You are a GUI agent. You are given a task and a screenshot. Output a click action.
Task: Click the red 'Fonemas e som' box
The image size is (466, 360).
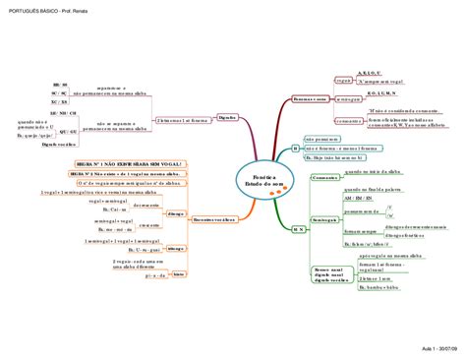click(311, 100)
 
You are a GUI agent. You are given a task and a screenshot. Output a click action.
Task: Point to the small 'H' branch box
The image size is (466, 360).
click(295, 148)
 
